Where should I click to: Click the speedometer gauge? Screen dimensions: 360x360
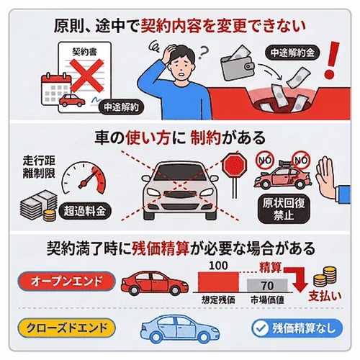point(83,184)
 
